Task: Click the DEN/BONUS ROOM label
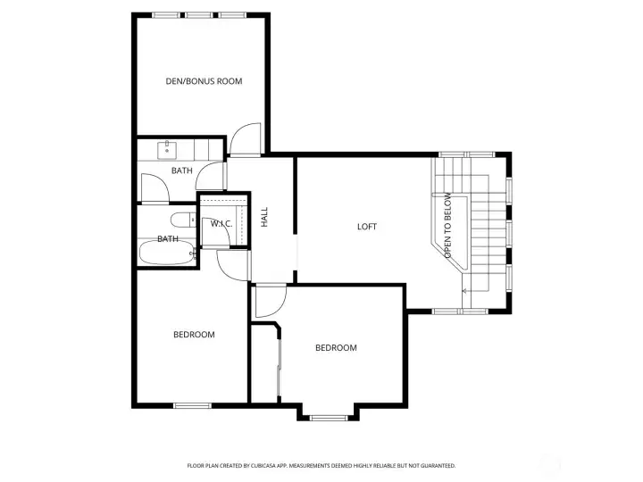[204, 81]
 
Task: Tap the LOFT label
[366, 227]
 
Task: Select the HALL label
[264, 217]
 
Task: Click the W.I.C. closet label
[221, 223]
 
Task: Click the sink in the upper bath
[166, 148]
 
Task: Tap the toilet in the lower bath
[180, 220]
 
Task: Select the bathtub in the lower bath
[166, 253]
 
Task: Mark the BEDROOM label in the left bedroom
[194, 335]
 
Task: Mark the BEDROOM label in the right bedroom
[336, 348]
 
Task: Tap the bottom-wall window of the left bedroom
[191, 406]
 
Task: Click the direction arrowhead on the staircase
[464, 290]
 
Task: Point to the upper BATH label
[181, 170]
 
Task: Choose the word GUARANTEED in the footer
[436, 465]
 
